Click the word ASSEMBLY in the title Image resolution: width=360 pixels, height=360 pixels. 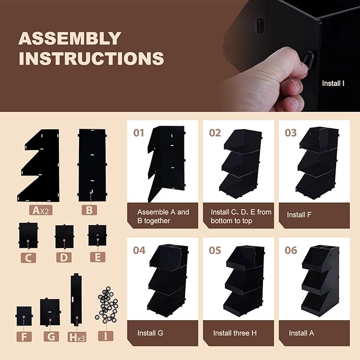[69, 38]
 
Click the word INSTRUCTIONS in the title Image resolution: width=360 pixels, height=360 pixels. [91, 58]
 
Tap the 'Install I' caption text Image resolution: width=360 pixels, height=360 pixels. [333, 83]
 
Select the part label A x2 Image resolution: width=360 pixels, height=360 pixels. [41, 210]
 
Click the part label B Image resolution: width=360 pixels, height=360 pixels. [89, 210]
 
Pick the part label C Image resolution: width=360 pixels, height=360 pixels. [28, 258]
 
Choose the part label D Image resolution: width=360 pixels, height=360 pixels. [64, 258]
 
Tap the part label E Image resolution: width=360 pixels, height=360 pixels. [98, 257]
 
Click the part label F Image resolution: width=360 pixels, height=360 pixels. [24, 337]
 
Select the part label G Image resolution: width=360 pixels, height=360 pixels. [51, 337]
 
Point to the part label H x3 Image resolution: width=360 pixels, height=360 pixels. [77, 337]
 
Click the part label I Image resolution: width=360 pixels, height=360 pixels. [106, 336]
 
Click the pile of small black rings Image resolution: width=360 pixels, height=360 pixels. [107, 305]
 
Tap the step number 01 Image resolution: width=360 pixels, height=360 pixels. [139, 133]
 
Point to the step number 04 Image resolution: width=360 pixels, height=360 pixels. [139, 250]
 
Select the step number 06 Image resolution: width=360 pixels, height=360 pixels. [291, 250]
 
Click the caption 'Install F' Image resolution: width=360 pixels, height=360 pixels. [299, 215]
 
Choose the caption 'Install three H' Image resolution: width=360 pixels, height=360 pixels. [235, 333]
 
